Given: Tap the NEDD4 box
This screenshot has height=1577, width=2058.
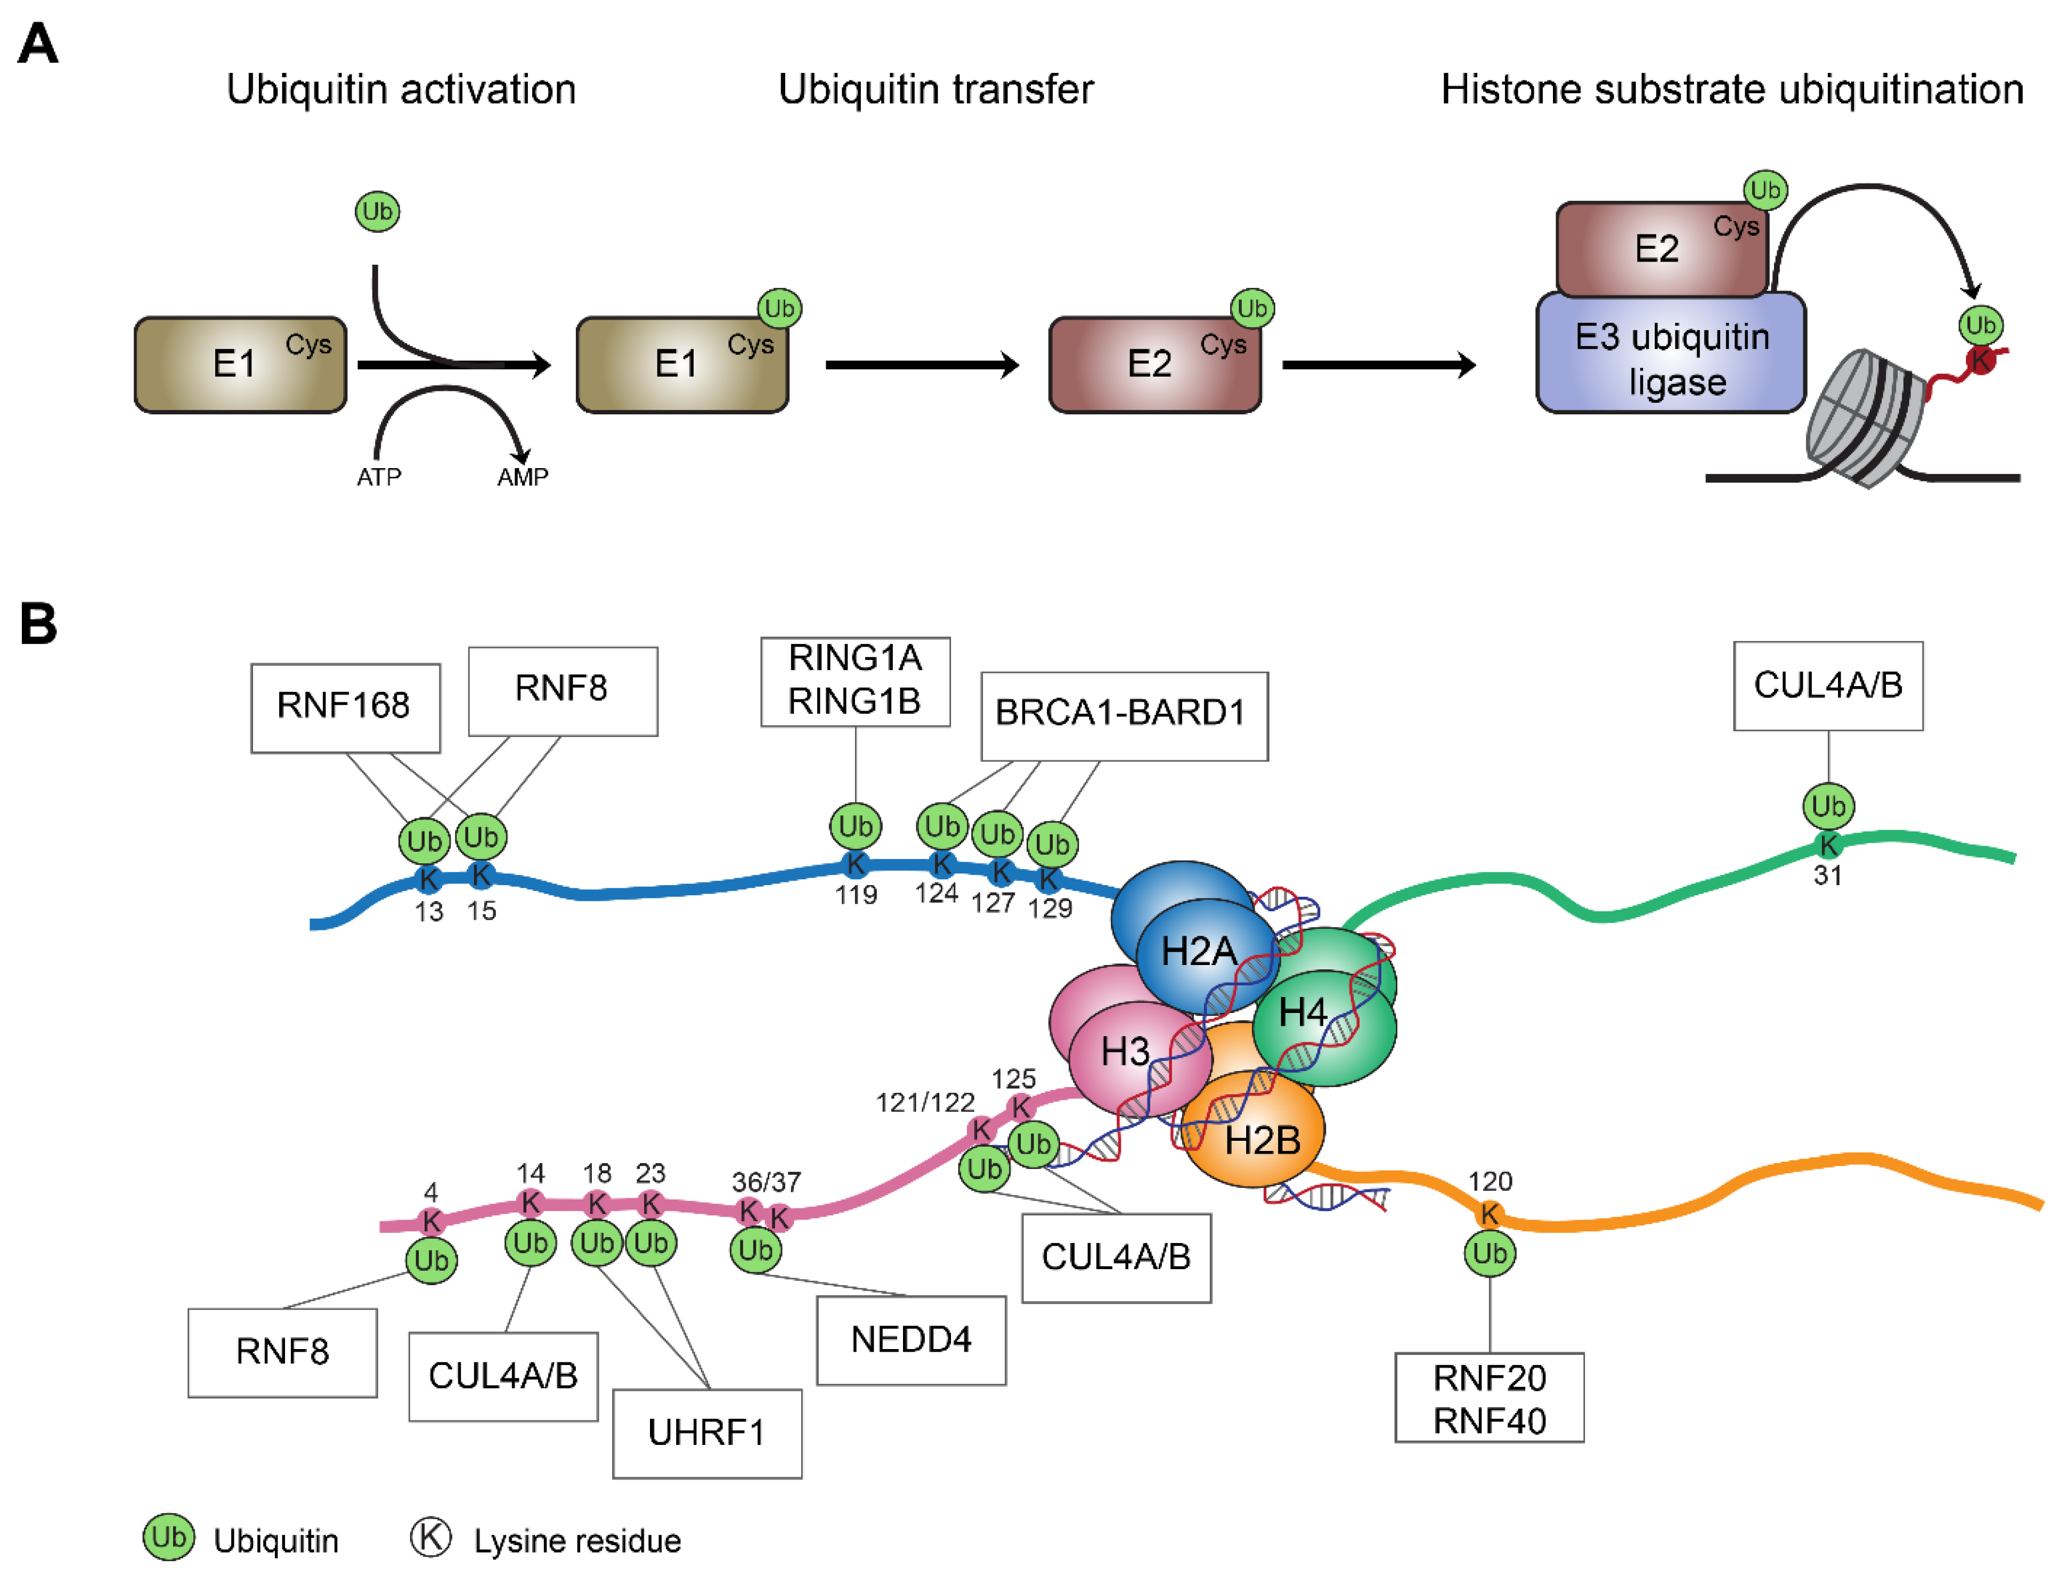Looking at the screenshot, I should pyautogui.click(x=910, y=1339).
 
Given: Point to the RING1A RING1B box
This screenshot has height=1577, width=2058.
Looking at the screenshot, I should pyautogui.click(x=855, y=681).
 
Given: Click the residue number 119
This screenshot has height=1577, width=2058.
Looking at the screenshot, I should pyautogui.click(x=855, y=895).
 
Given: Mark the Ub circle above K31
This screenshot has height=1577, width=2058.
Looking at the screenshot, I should pyautogui.click(x=1827, y=805).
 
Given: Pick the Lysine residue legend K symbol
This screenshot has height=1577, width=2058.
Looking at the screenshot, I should pyautogui.click(x=430, y=1537).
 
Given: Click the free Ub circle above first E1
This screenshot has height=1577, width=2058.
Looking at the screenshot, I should pyautogui.click(x=377, y=211).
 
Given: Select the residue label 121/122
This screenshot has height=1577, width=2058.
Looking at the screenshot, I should pyautogui.click(x=925, y=1102).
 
